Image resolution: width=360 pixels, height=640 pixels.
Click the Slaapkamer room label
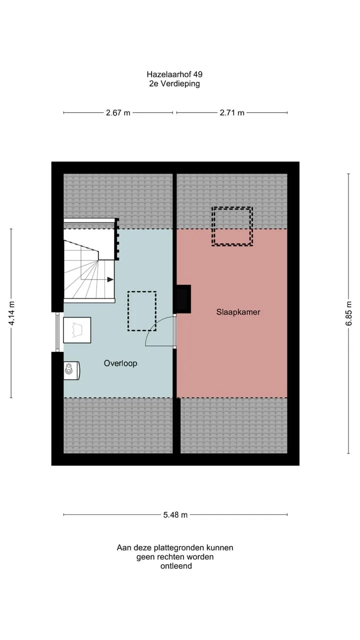coord(238,312)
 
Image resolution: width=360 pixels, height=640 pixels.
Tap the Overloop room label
coord(120,363)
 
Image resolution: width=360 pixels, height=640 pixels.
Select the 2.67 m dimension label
coord(118,113)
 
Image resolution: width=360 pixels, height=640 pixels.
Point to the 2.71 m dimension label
coord(232,113)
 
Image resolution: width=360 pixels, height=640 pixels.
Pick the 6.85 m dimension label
coord(348,313)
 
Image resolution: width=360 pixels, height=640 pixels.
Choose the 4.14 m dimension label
coord(11,313)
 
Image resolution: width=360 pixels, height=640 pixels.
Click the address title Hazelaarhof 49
coord(174,74)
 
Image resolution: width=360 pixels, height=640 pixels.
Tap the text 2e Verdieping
coord(174,83)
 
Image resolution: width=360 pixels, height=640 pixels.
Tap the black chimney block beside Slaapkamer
coord(183,299)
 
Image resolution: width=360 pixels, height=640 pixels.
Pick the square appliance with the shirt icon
coord(77,330)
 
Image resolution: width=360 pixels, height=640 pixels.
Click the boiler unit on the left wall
coord(71,370)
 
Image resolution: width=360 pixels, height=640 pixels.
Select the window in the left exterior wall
coord(57,331)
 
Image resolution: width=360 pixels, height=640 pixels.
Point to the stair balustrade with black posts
coord(116,239)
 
